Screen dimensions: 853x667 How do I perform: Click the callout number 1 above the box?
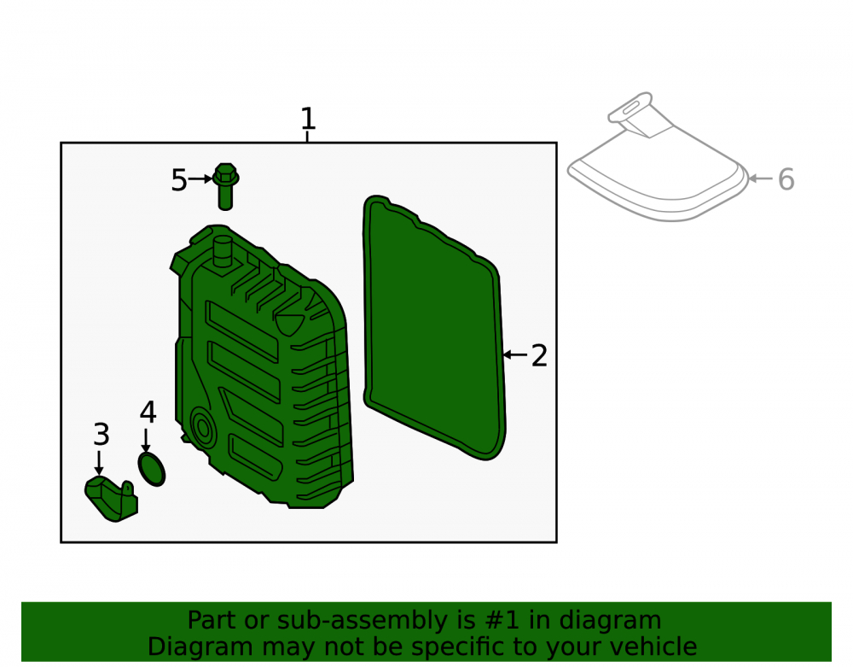coord(308,118)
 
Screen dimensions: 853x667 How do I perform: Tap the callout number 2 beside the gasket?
coord(538,355)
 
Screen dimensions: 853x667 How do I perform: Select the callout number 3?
coord(102,435)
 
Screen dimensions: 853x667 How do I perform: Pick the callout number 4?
coord(148,412)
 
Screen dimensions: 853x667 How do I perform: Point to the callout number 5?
coord(179,179)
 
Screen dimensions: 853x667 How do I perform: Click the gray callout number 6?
coord(786,179)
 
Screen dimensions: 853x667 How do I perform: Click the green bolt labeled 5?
coord(225,186)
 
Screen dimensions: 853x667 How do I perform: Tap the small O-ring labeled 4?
coord(152,469)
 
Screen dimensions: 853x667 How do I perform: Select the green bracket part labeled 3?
coord(111,499)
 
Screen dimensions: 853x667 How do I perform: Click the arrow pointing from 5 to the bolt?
coord(200,178)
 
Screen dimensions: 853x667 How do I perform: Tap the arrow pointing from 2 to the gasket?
coord(514,355)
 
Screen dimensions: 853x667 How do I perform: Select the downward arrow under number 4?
coord(146,440)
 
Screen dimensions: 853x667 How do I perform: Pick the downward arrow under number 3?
coord(98,463)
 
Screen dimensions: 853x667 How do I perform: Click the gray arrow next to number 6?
coord(761,178)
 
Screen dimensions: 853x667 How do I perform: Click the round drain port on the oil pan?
coord(202,428)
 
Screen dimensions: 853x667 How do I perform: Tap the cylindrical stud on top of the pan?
coord(223,252)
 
